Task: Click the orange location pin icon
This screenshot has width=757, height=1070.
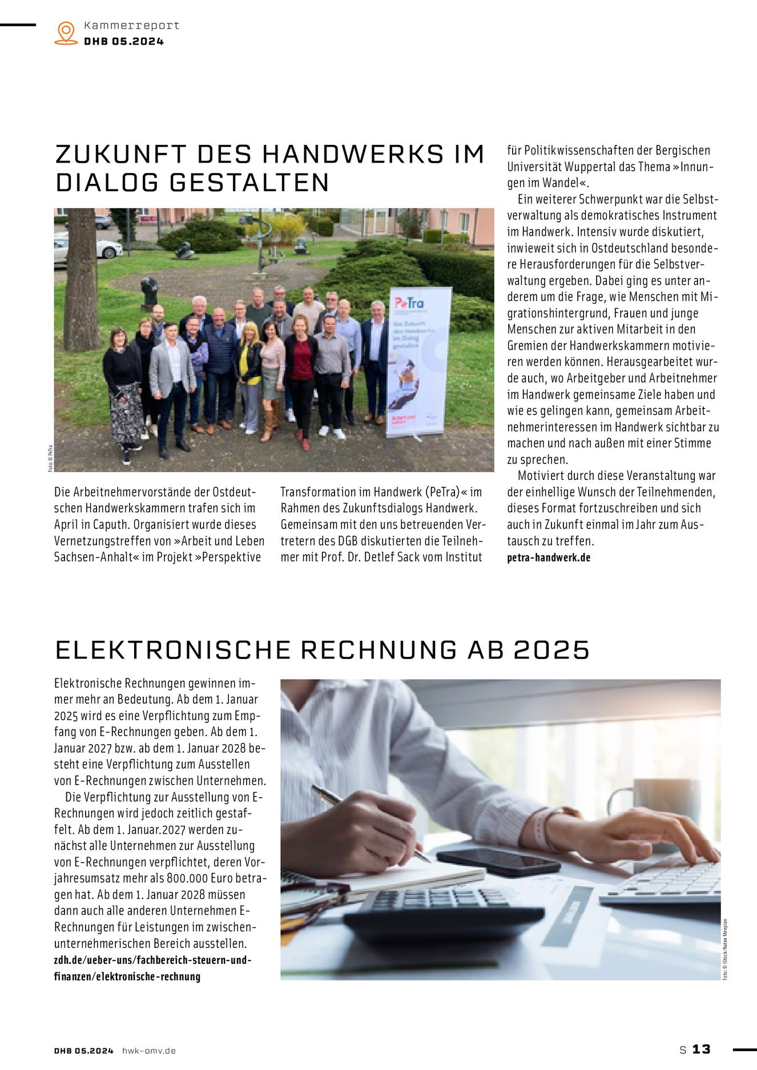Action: pyautogui.click(x=66, y=33)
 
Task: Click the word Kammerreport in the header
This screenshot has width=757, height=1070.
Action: pyautogui.click(x=131, y=25)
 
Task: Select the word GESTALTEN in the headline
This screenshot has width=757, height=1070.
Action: pyautogui.click(x=249, y=183)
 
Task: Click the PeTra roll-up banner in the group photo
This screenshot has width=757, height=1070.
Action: pyautogui.click(x=418, y=362)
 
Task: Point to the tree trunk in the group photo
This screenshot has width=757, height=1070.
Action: pyautogui.click(x=81, y=280)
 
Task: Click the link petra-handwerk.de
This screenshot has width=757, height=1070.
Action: pyautogui.click(x=549, y=558)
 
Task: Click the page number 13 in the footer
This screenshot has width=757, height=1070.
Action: pyautogui.click(x=701, y=1049)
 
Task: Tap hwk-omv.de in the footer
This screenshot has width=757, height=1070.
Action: pyautogui.click(x=149, y=1050)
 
